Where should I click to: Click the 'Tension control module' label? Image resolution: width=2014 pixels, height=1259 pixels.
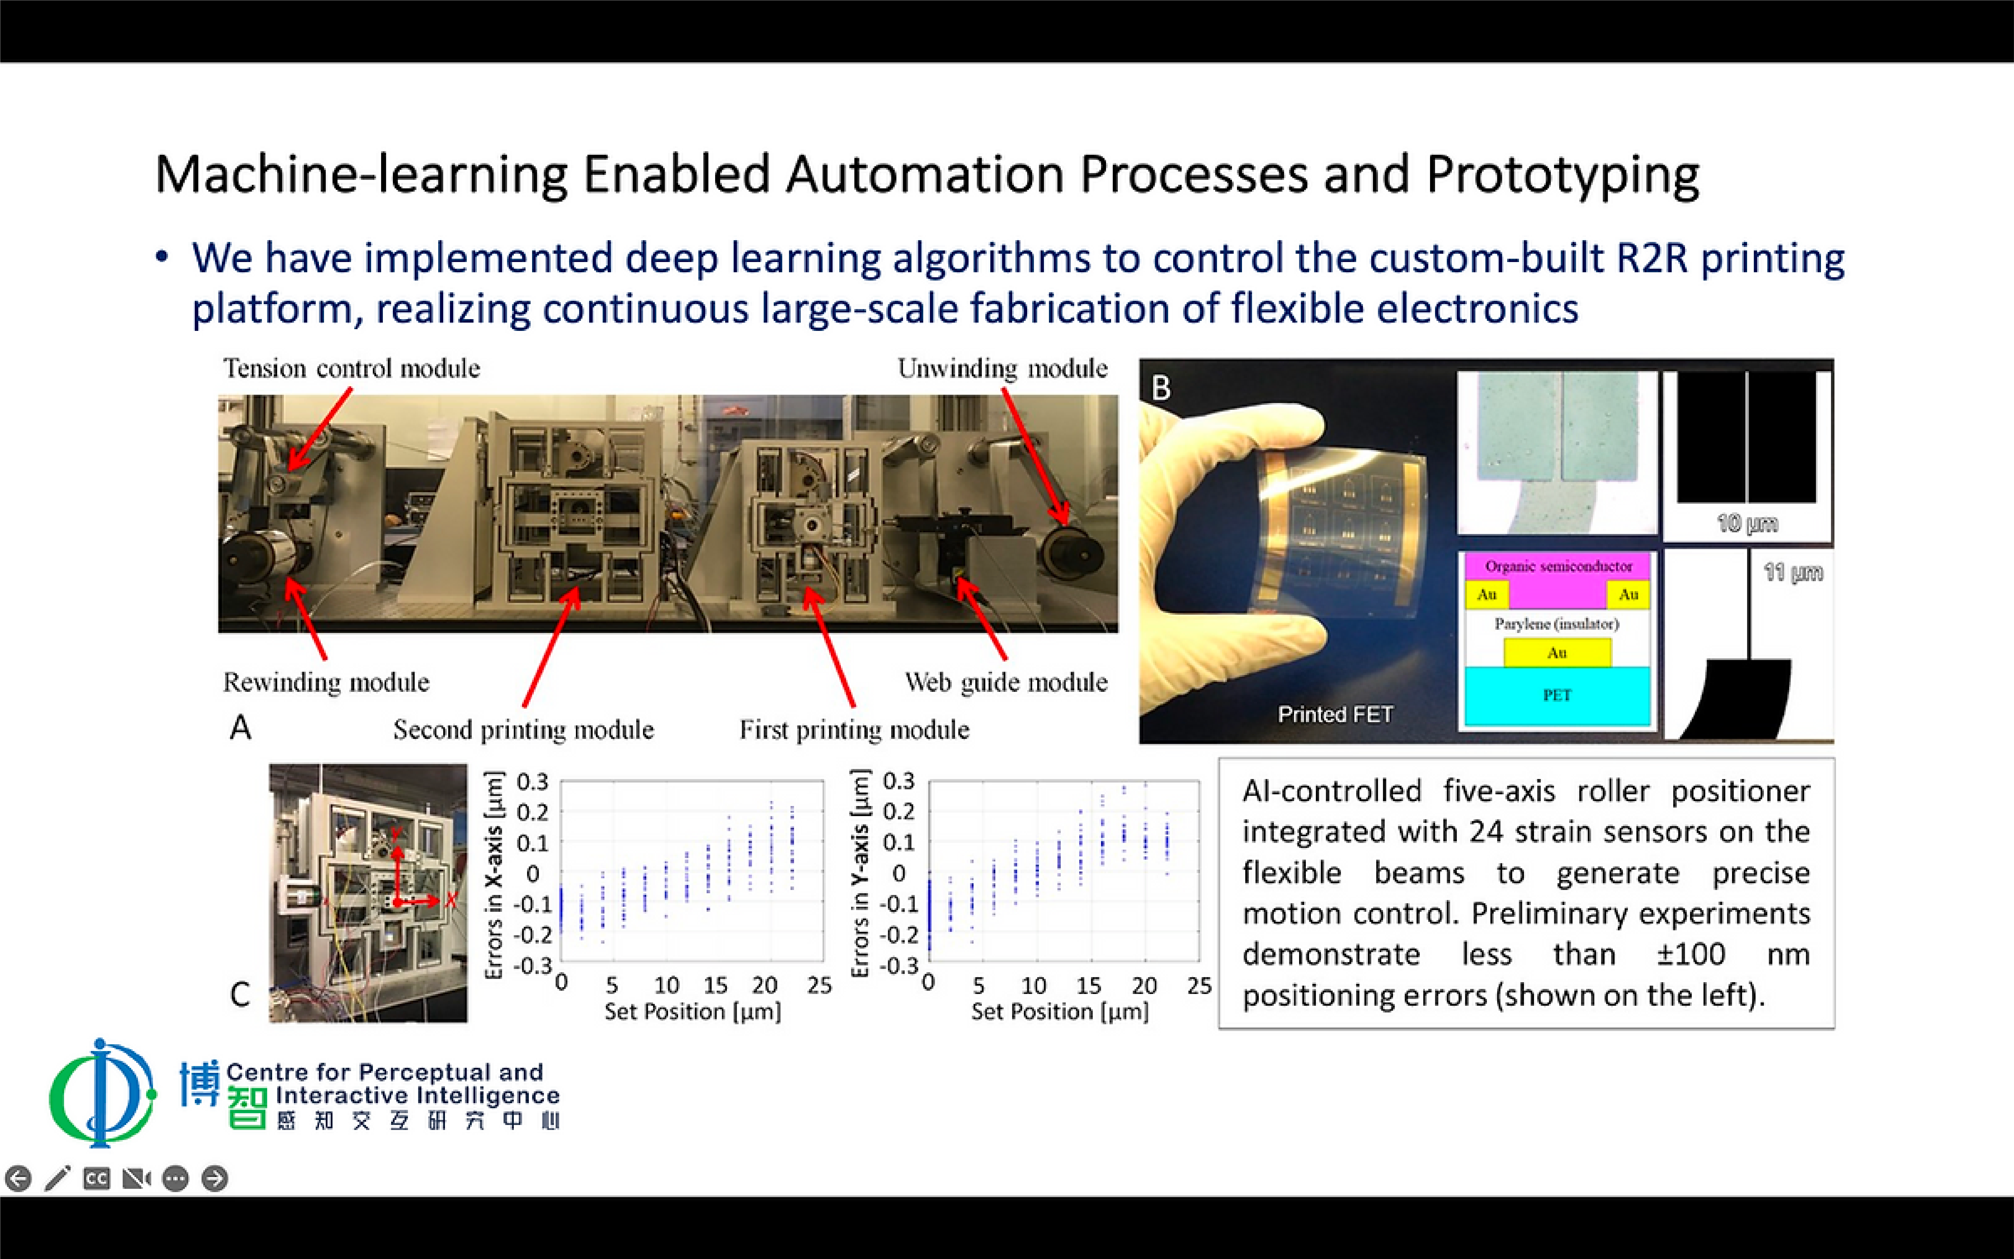tap(351, 368)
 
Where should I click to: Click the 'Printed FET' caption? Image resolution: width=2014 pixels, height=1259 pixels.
tap(1335, 715)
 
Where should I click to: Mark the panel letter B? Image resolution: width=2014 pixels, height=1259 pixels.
tap(1161, 388)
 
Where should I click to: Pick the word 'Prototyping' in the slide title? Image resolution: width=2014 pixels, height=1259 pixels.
tap(1562, 176)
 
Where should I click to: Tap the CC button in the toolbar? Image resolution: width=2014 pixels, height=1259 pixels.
tap(97, 1178)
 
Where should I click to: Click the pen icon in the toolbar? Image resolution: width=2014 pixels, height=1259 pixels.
tap(58, 1178)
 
